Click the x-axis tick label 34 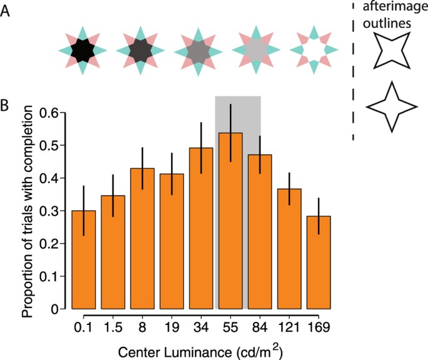pos(201,327)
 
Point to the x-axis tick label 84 pos(260,327)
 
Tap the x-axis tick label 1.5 pos(112,327)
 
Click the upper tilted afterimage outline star pos(391,51)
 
